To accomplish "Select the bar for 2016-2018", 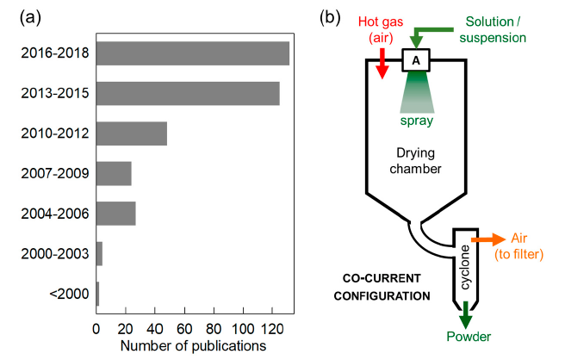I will point(192,53).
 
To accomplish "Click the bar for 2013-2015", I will point(188,93).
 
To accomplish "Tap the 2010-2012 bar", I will point(131,133).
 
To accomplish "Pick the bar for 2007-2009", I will point(114,173).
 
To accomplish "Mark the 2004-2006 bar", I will point(115,213).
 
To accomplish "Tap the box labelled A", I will point(417,60).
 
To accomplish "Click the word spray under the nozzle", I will point(417,121).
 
